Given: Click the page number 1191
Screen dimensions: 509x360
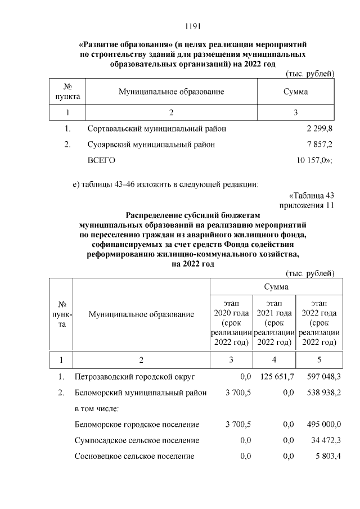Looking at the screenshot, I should [193, 26].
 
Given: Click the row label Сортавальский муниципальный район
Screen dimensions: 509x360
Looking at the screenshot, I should [157, 129].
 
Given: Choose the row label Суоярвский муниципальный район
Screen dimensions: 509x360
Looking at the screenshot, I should [151, 145].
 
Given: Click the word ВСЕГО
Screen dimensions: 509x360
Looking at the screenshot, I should [101, 161].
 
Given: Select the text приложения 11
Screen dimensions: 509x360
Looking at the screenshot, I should [307, 205].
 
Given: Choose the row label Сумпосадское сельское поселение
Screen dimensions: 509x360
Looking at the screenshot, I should [137, 440].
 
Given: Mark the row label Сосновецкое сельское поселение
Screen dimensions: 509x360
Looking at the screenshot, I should [134, 456].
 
